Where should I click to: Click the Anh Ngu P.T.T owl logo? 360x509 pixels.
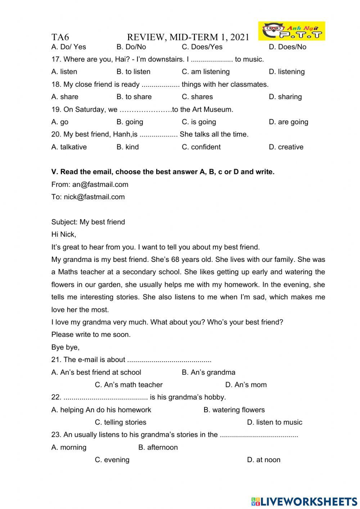(x=292, y=31)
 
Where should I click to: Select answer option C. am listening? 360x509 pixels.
(x=206, y=72)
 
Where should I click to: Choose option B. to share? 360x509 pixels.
(x=134, y=97)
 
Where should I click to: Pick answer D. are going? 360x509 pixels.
(x=288, y=122)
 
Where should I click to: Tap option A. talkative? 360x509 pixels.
(x=69, y=147)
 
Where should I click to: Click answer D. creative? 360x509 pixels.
(x=286, y=147)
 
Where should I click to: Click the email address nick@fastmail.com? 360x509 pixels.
(x=94, y=197)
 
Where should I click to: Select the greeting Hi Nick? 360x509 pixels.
(x=64, y=235)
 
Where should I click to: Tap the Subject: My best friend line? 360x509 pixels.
(x=88, y=222)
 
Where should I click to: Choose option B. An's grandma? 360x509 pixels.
(x=208, y=372)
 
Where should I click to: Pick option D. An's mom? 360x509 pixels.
(x=246, y=385)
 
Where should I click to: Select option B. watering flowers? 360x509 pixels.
(x=234, y=410)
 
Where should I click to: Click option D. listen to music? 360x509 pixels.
(x=274, y=422)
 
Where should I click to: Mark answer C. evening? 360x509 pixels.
(x=112, y=460)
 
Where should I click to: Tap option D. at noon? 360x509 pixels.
(x=264, y=460)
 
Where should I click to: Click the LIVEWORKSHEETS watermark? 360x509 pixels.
(x=304, y=501)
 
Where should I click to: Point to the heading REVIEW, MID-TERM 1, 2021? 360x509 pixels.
(x=188, y=37)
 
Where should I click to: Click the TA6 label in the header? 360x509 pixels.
(x=60, y=37)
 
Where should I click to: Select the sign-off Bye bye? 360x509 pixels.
(x=66, y=347)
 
